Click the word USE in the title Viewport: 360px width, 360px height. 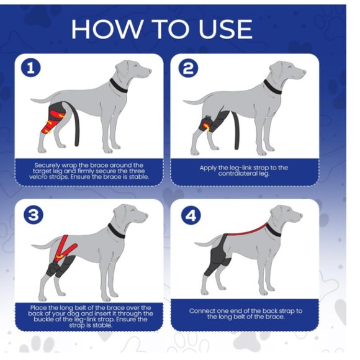(225, 29)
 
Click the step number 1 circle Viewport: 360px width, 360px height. (31, 68)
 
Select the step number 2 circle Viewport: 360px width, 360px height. (188, 68)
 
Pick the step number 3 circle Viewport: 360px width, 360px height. (34, 215)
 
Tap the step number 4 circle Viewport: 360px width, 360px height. (191, 215)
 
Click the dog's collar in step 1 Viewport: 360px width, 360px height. (118, 86)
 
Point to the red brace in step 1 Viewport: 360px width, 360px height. (53, 120)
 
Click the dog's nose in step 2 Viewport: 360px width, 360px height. (305, 71)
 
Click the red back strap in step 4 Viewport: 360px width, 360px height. (247, 231)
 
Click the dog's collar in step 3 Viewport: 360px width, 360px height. (116, 231)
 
